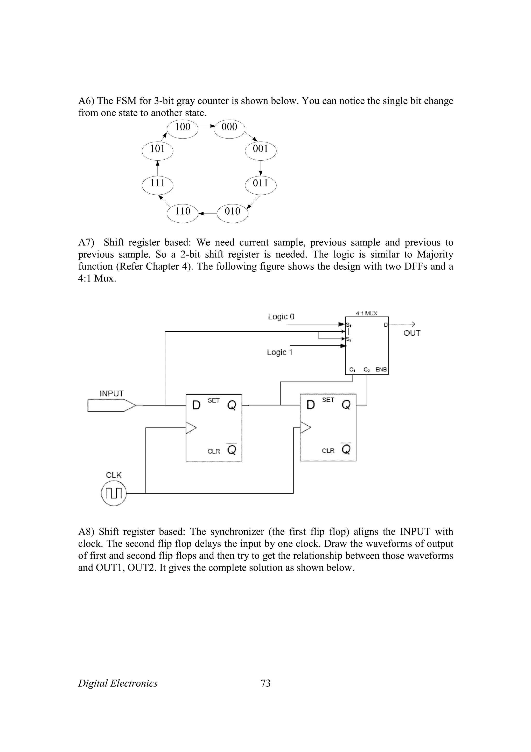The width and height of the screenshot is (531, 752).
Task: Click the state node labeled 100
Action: point(183,128)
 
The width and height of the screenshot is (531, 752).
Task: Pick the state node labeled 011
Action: point(260,185)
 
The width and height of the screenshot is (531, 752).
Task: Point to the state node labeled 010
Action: point(232,213)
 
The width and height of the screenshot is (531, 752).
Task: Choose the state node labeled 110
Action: point(183,213)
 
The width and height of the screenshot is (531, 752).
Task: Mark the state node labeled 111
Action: point(157,185)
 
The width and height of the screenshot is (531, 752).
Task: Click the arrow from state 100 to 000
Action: point(206,126)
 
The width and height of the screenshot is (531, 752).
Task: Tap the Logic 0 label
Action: point(281,317)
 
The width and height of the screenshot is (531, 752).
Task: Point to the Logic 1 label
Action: point(280,352)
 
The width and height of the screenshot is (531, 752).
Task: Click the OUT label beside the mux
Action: point(412,333)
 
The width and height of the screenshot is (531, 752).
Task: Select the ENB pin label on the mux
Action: point(381,370)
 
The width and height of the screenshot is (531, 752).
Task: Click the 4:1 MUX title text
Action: point(366,313)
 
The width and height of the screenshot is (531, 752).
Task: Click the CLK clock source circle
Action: point(114,493)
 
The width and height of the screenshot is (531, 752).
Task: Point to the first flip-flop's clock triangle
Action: point(191,428)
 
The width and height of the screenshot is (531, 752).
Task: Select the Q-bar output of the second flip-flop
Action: point(346,449)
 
